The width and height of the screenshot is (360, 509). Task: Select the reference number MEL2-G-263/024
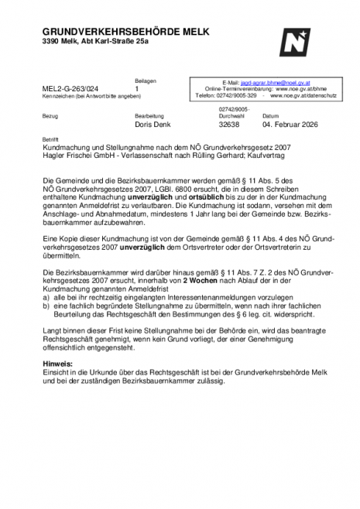pyautogui.click(x=73, y=89)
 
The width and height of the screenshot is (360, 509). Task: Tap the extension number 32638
pyautogui.click(x=230, y=124)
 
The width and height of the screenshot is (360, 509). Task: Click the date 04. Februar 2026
pyautogui.click(x=290, y=124)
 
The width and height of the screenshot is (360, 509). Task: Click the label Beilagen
pyautogui.click(x=145, y=80)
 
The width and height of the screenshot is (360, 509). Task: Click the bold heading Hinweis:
pyautogui.click(x=59, y=363)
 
